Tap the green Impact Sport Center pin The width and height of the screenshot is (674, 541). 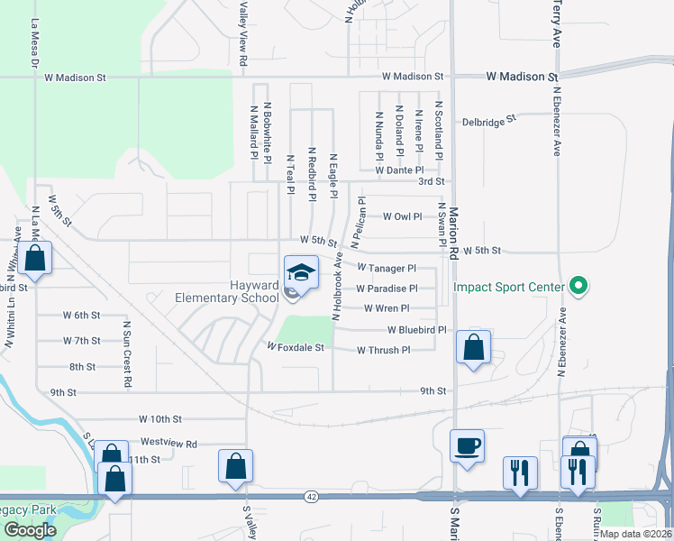(579, 288)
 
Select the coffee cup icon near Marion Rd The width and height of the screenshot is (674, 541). (467, 445)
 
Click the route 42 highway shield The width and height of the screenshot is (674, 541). (311, 496)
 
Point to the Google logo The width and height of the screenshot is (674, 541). (29, 530)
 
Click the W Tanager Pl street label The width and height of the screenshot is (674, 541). (386, 268)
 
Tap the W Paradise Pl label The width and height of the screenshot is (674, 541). (387, 289)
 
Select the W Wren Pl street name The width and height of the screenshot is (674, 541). (387, 308)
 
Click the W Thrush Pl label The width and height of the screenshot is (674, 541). (383, 350)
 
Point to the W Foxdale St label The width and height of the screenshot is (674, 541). (295, 346)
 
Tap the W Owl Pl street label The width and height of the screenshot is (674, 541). (402, 216)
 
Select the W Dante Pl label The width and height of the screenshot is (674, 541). (399, 170)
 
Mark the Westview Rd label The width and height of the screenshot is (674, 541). (168, 444)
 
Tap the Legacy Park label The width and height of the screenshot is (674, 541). (27, 510)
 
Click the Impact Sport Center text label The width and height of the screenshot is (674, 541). (508, 288)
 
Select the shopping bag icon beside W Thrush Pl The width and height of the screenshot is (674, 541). (473, 347)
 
